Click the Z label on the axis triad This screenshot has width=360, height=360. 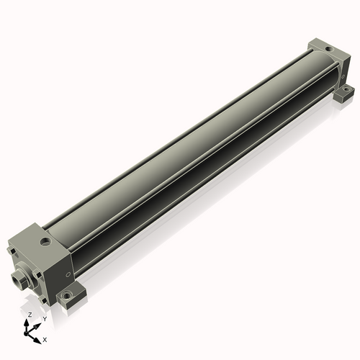(30, 315)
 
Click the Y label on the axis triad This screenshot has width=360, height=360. (45, 319)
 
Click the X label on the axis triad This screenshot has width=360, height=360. (45, 340)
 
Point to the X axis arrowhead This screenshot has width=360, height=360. (37, 341)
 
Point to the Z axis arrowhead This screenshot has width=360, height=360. (26, 323)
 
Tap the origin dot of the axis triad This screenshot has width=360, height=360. (26, 333)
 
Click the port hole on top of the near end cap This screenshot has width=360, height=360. (45, 241)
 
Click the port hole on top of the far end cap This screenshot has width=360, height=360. (328, 50)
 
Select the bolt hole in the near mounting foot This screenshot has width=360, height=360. (66, 295)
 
